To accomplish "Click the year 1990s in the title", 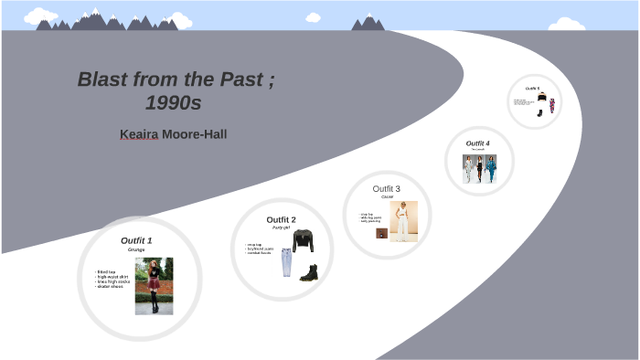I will point(173,102).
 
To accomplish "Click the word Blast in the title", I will point(101,79).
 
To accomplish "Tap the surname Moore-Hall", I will point(194,134).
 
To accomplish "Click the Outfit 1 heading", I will point(136,240).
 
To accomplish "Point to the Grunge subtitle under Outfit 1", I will point(136,249).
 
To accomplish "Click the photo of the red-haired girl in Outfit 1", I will point(154,285).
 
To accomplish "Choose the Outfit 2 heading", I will point(281,219).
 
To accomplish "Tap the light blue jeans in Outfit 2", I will point(287,263).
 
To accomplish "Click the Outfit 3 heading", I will point(387,188).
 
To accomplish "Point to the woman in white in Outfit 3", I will point(403,221).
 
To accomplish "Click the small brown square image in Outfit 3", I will point(381,233).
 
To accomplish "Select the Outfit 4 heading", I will point(477,143).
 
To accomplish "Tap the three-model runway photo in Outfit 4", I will point(479,168).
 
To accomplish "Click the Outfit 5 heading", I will point(532,89).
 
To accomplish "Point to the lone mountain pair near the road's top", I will point(368,22).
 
